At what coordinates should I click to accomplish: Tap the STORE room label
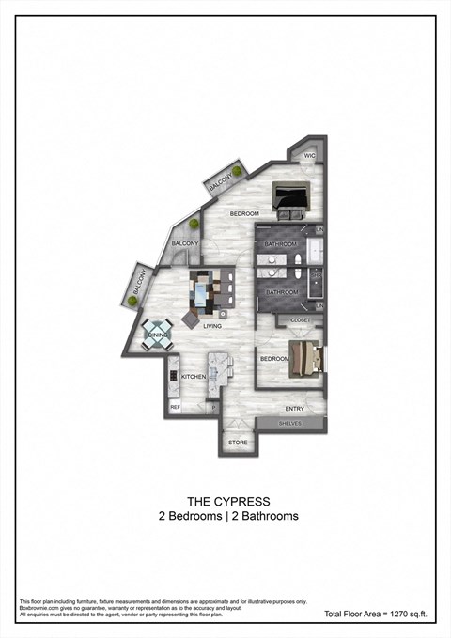point(237,441)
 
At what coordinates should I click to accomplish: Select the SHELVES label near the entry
point(291,424)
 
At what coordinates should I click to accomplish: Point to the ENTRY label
point(295,409)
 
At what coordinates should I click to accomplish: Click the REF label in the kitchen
point(175,408)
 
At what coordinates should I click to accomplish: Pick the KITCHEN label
point(194,377)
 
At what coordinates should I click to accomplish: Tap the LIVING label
point(212,326)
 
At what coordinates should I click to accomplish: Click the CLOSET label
point(300,320)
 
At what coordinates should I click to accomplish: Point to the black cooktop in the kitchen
point(174,376)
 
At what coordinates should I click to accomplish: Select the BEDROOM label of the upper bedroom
point(244,214)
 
